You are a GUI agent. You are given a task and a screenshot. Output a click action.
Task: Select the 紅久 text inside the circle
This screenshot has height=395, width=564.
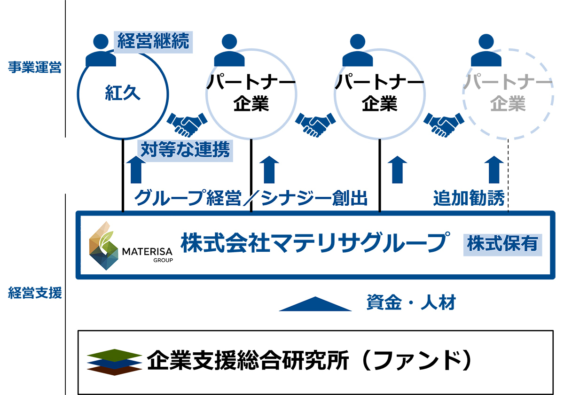pos(122,93)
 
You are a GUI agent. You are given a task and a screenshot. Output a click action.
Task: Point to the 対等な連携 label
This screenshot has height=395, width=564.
pos(185,150)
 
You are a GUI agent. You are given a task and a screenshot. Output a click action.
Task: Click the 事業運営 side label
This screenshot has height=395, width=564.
pos(34,67)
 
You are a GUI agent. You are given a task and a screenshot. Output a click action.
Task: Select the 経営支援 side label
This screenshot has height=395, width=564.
pos(34,294)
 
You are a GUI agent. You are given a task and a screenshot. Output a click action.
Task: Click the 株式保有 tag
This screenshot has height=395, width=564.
pos(501,244)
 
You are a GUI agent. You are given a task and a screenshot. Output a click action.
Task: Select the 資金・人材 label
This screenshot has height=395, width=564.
pos(411,303)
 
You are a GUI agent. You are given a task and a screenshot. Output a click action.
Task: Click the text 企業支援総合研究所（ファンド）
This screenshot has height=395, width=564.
pos(308,361)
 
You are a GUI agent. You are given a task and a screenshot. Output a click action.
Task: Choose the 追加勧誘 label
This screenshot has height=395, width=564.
pos(468,198)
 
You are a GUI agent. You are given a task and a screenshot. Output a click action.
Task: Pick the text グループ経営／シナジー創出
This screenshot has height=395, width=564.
pos(251,198)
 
